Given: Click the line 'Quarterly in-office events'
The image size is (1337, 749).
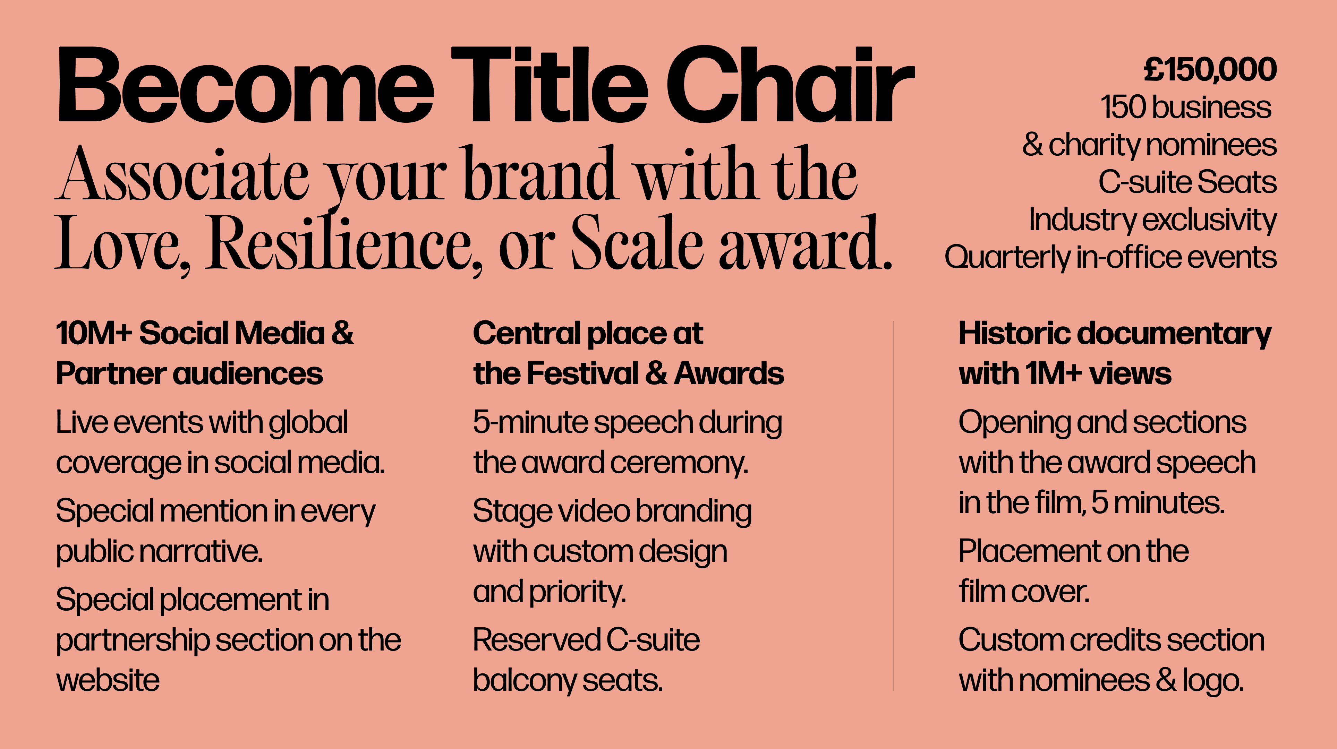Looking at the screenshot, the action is tap(1110, 258).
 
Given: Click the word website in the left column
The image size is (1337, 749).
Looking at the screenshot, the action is tap(108, 681).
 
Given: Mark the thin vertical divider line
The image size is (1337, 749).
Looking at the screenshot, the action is tap(893, 506).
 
